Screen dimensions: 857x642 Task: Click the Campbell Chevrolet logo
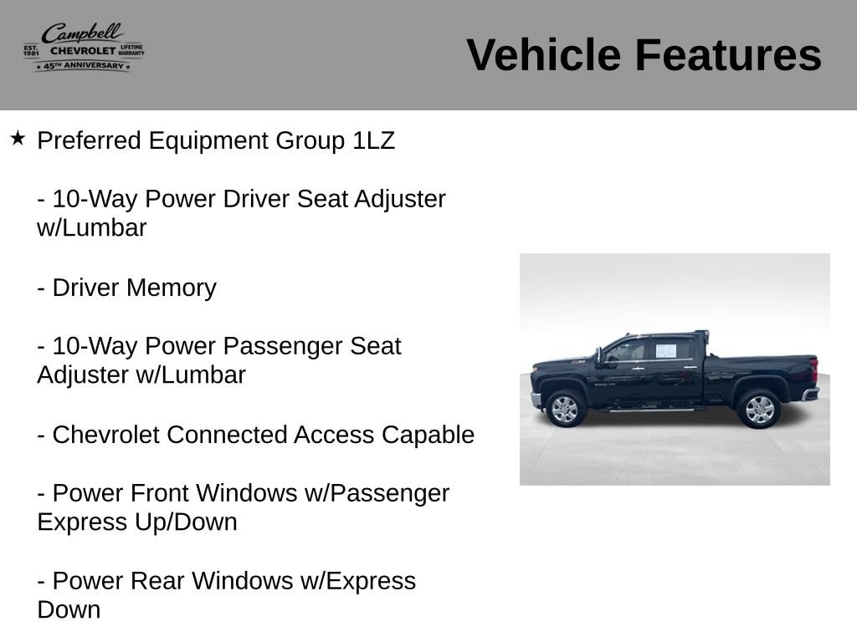[x=84, y=47]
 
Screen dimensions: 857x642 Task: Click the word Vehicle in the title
[x=544, y=55]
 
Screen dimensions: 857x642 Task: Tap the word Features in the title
[x=728, y=55]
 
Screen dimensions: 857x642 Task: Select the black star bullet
[x=18, y=138]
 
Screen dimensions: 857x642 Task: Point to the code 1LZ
[x=373, y=140]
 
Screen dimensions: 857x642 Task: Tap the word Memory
[x=171, y=288]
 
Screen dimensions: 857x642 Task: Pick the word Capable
[x=428, y=436]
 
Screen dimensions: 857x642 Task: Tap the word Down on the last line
[x=69, y=609]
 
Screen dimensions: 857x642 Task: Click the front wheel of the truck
[x=565, y=408]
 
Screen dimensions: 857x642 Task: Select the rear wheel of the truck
[x=758, y=409]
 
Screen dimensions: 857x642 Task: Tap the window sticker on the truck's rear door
[x=666, y=351]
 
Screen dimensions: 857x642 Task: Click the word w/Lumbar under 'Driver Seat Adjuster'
[x=92, y=228]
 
